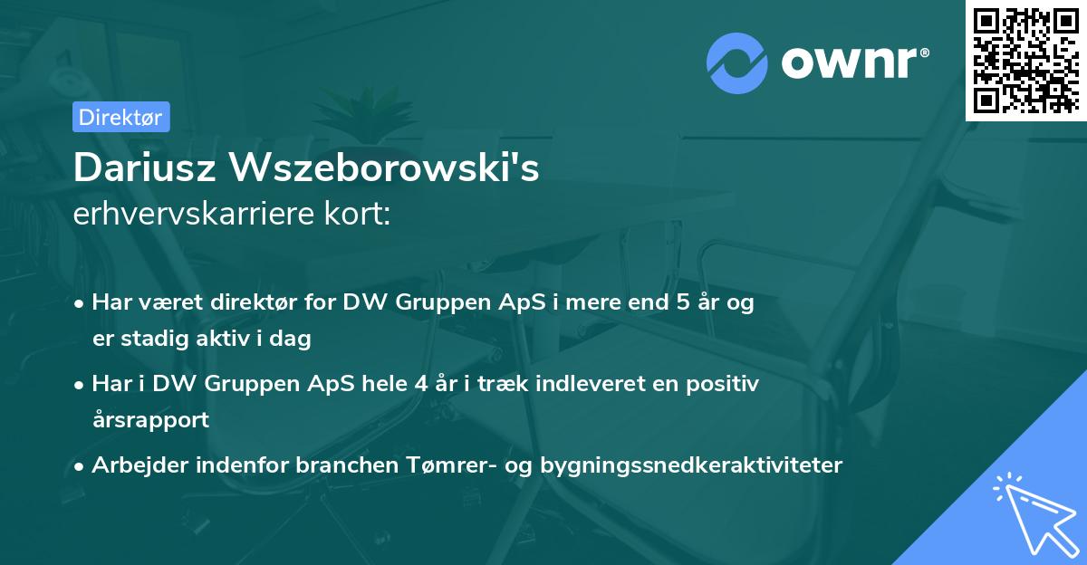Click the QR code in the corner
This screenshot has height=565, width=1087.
coord(1025,61)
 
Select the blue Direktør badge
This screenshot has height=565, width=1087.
coord(120,117)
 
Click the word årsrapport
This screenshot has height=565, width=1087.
coord(150,419)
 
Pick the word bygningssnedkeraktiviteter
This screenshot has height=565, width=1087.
coord(691,465)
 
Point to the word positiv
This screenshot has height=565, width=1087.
coord(725,384)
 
